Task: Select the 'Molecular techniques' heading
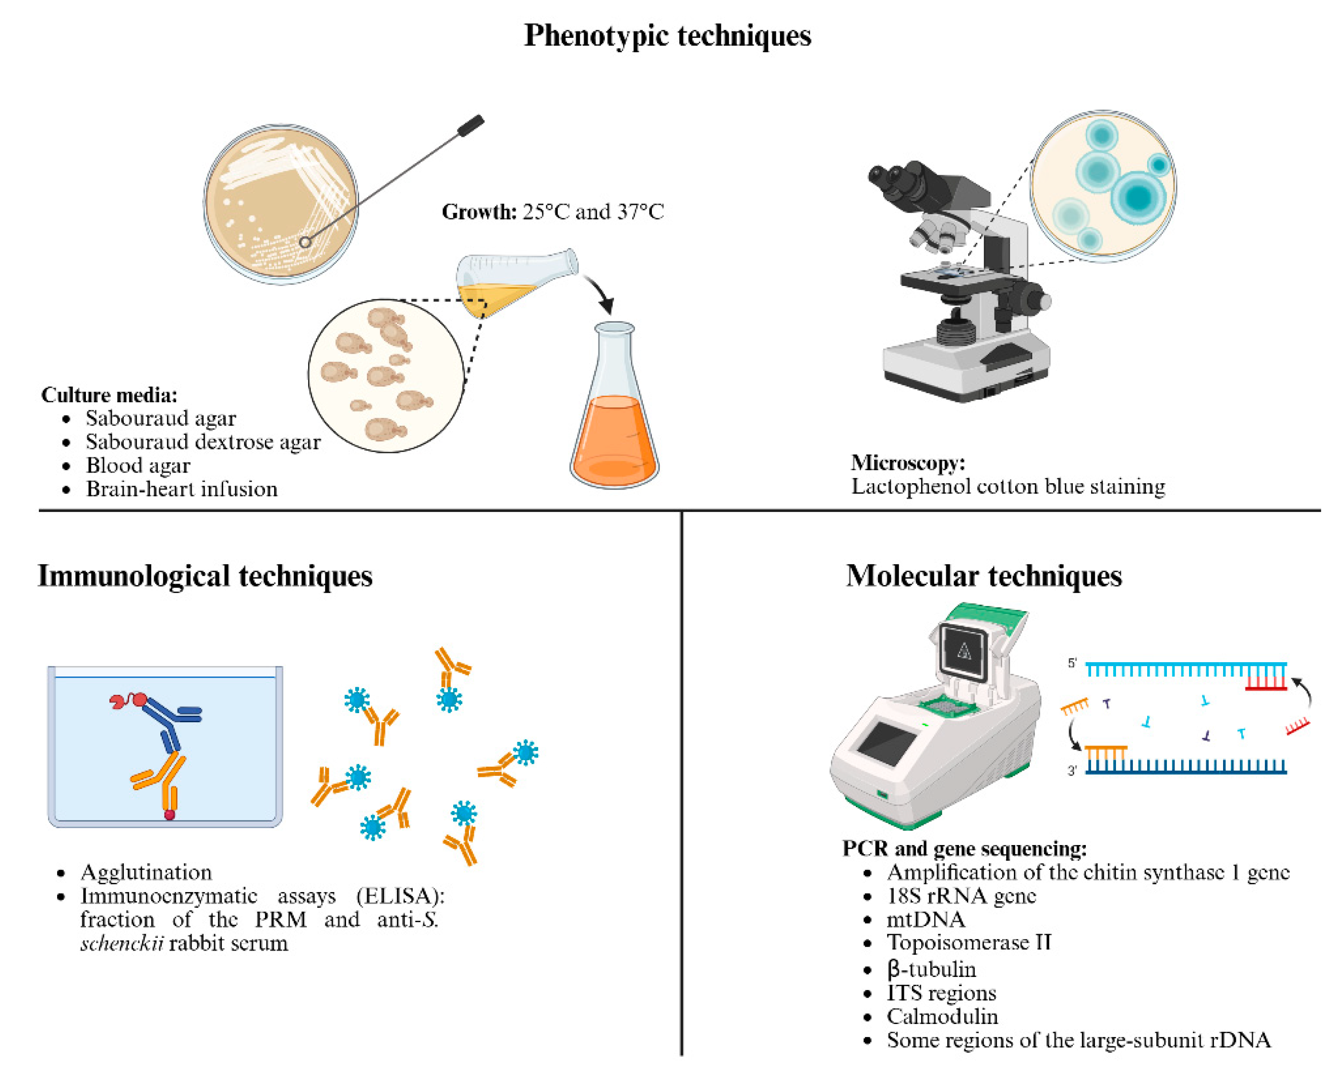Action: [983, 576]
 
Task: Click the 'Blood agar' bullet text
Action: [138, 465]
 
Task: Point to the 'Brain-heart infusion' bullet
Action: [181, 489]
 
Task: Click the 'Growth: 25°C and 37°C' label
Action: [552, 212]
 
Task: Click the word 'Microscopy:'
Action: [907, 463]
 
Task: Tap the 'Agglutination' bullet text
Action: [146, 872]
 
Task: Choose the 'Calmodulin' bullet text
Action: [942, 1016]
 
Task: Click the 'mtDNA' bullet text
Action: [925, 919]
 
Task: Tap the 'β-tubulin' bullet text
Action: [931, 969]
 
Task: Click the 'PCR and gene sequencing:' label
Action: [964, 849]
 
